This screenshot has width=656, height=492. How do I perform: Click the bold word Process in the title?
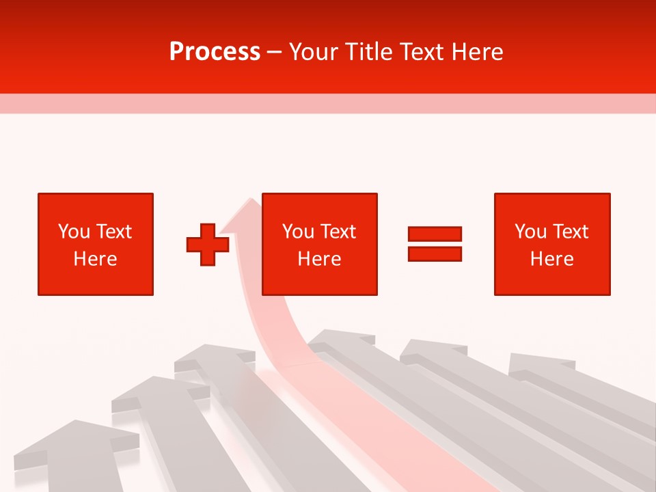tap(215, 52)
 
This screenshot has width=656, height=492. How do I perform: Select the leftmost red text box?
tap(96, 244)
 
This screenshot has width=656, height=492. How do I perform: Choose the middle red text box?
tap(319, 244)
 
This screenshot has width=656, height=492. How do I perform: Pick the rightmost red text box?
tap(551, 244)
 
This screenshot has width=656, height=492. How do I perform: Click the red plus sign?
tap(208, 245)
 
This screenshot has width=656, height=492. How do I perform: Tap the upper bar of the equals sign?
tap(435, 234)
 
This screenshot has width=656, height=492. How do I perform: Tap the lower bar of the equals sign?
tap(435, 254)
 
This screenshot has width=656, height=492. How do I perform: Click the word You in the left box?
tap(74, 232)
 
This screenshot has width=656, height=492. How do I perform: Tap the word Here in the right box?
tap(551, 259)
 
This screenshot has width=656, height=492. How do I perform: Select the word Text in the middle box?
tap(338, 232)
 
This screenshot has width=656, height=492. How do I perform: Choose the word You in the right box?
tap(530, 232)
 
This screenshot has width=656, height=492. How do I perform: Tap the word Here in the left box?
tap(96, 259)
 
